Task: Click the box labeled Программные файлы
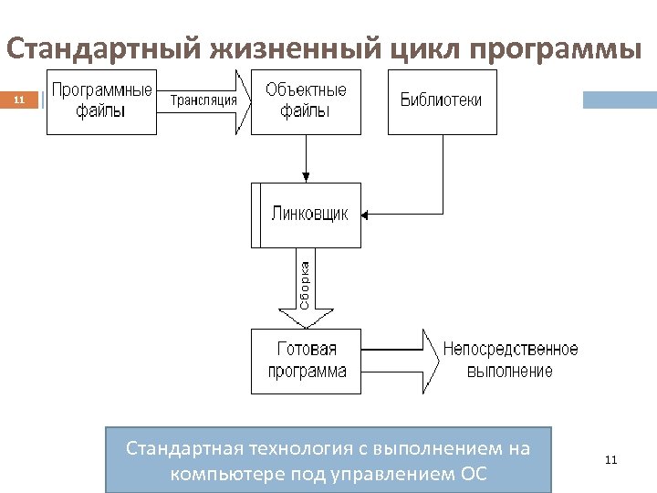101,101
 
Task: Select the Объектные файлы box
306,101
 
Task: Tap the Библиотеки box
442,101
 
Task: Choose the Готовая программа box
306,361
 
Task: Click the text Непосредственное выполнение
510,361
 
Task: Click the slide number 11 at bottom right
610,460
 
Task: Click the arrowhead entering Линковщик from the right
366,215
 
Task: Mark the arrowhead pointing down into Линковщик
306,178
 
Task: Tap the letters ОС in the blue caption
474,475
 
